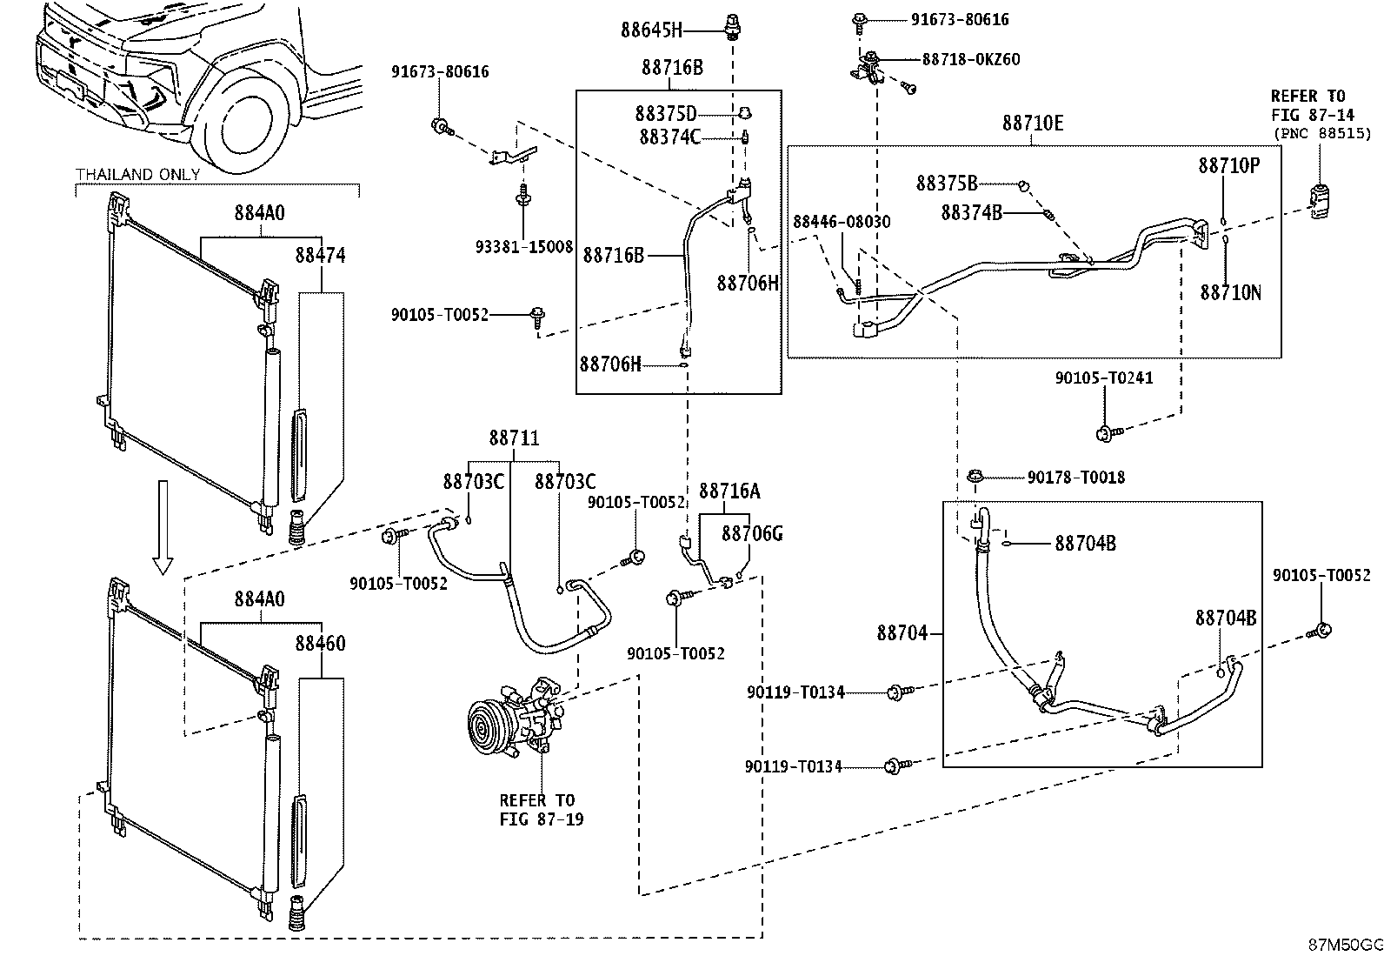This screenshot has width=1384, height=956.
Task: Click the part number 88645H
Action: click(651, 30)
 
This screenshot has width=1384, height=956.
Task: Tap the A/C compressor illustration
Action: click(516, 718)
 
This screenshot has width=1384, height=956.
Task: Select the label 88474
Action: click(320, 255)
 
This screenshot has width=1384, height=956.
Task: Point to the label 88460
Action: click(320, 643)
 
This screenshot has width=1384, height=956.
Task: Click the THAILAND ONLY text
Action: click(137, 174)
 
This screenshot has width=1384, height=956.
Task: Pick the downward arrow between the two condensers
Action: click(163, 527)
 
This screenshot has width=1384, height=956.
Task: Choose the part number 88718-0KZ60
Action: click(971, 59)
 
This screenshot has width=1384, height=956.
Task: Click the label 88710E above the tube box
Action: click(1033, 123)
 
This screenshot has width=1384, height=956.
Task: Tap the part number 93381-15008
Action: click(524, 247)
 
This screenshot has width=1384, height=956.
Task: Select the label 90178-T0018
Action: click(1075, 478)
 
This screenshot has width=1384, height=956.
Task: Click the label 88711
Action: click(514, 438)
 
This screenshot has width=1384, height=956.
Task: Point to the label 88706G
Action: click(752, 533)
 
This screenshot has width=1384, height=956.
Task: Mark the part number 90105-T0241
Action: click(1103, 378)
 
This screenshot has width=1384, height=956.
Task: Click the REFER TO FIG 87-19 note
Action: click(542, 810)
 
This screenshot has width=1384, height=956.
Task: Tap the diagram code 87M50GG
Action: click(1345, 945)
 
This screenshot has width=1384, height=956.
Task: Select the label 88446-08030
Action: click(842, 221)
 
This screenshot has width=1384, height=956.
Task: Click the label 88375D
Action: click(665, 114)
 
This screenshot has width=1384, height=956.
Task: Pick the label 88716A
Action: click(729, 491)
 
